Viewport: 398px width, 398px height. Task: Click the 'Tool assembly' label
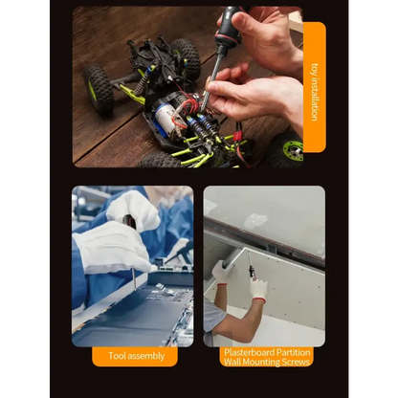pyautogui.click(x=136, y=356)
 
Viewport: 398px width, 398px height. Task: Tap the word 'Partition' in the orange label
pyautogui.click(x=293, y=351)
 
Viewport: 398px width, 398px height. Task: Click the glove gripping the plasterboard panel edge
pyautogui.click(x=221, y=272)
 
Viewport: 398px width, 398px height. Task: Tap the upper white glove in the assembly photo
pyautogui.click(x=133, y=210)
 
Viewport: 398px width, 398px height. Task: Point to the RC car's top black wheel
pyautogui.click(x=186, y=57)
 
